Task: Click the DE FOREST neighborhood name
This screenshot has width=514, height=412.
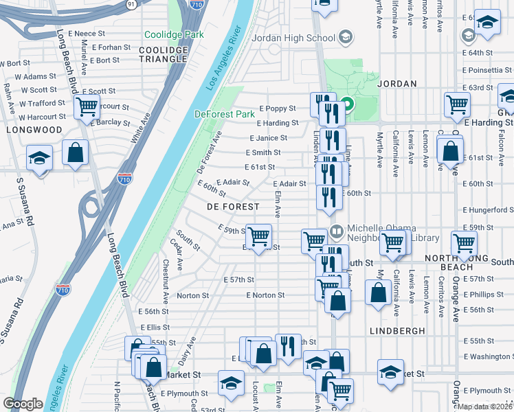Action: click(x=234, y=207)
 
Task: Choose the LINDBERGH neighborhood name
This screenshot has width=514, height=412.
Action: click(x=398, y=331)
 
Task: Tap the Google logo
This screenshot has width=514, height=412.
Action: click(x=23, y=404)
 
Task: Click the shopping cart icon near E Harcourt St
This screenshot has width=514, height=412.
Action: click(x=87, y=107)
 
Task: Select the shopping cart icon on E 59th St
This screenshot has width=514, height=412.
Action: click(x=258, y=236)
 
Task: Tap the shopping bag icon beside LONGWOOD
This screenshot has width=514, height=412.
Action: click(x=75, y=152)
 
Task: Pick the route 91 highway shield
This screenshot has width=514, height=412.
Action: click(x=131, y=4)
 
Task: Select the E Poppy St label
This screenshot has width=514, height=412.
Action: click(x=277, y=108)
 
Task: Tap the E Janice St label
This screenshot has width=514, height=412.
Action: click(x=268, y=138)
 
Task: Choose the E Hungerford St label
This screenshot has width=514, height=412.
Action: click(x=488, y=210)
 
